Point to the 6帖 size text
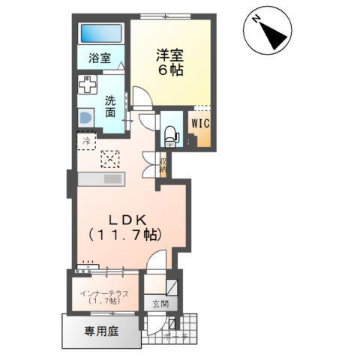pyautogui.click(x=169, y=70)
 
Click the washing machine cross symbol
pyautogui.click(x=88, y=84)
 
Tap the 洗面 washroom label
pyautogui.click(x=110, y=106)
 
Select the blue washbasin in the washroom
pyautogui.click(x=85, y=118)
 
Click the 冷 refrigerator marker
pyautogui.click(x=86, y=140)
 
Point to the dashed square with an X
pyautogui.click(x=109, y=158)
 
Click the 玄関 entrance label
pyautogui.click(x=160, y=304)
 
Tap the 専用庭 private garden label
pyautogui.click(x=100, y=330)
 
